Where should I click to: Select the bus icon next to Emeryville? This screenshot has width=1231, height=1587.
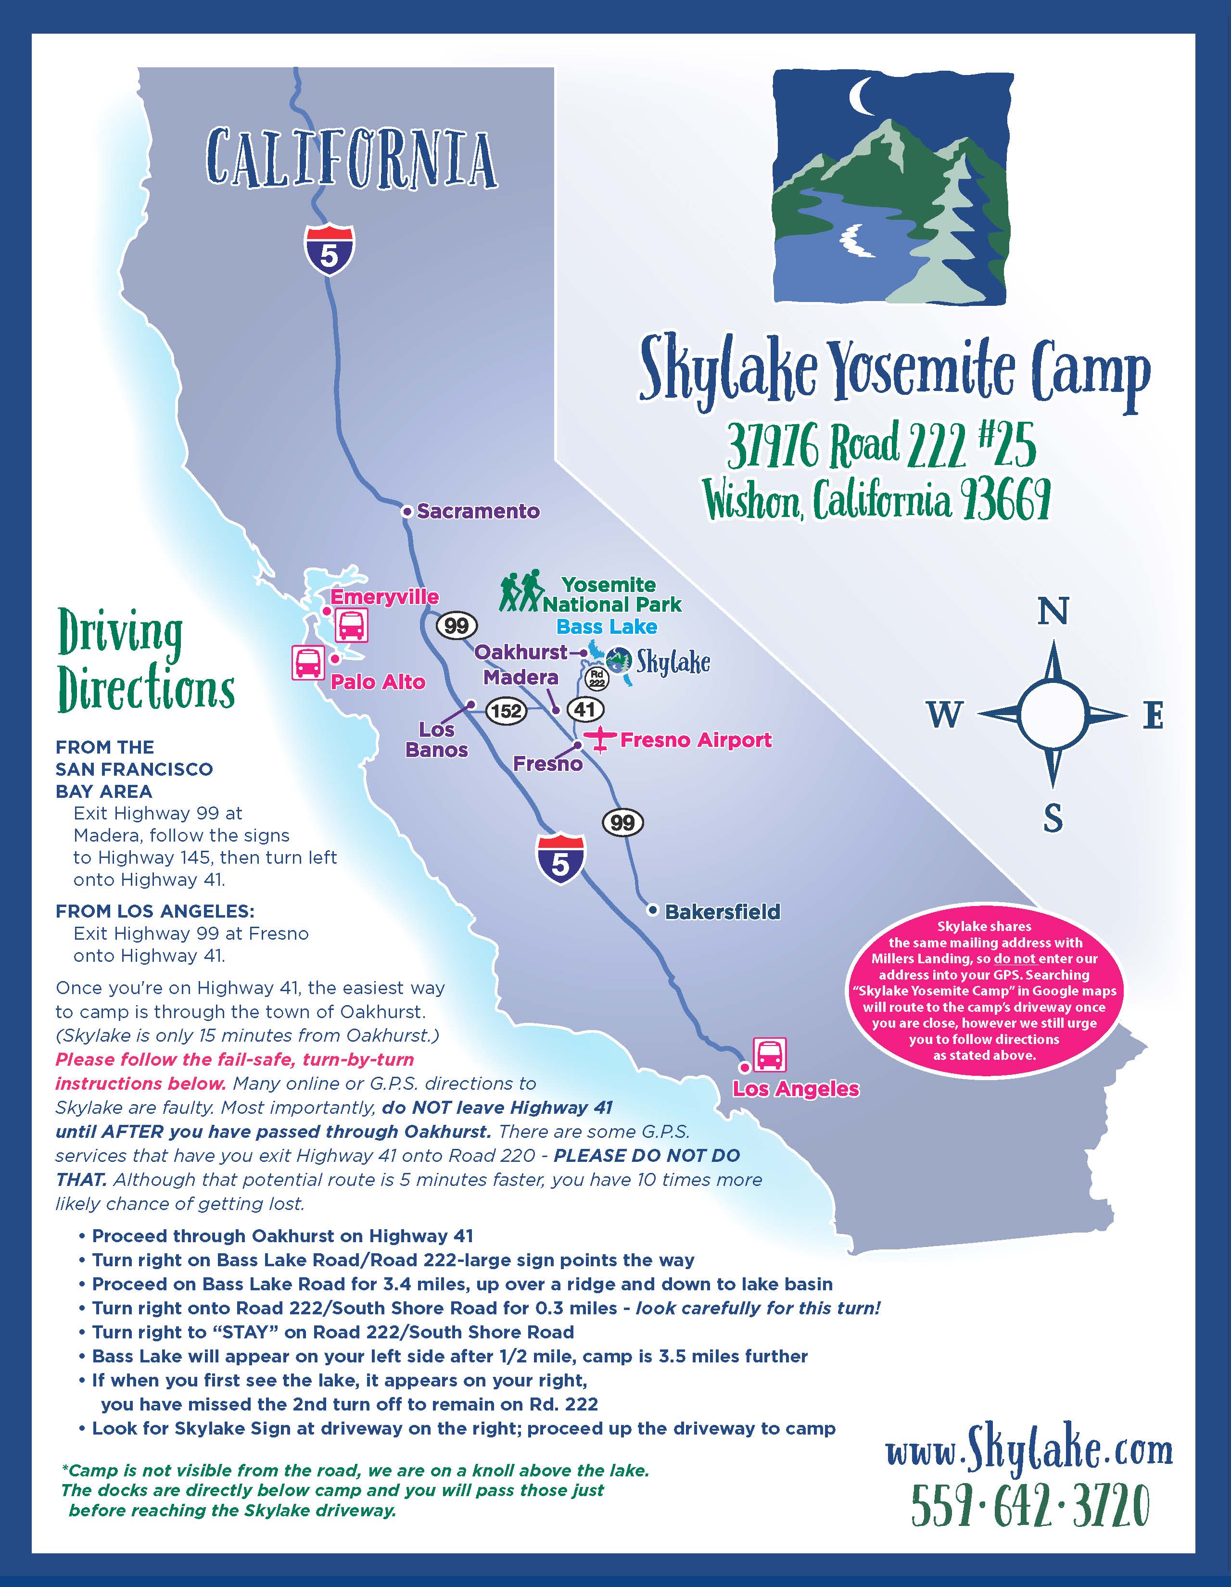351,625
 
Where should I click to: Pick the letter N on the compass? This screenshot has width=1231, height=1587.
1053,612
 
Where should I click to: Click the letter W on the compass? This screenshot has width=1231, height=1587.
945,715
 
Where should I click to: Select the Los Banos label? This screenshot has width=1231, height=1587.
437,740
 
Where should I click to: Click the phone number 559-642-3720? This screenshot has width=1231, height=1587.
1030,1506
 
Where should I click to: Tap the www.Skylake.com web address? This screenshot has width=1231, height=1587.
1029,1452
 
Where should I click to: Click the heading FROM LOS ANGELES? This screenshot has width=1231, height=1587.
155,911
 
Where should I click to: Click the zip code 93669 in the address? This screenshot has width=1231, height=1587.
1004,501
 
